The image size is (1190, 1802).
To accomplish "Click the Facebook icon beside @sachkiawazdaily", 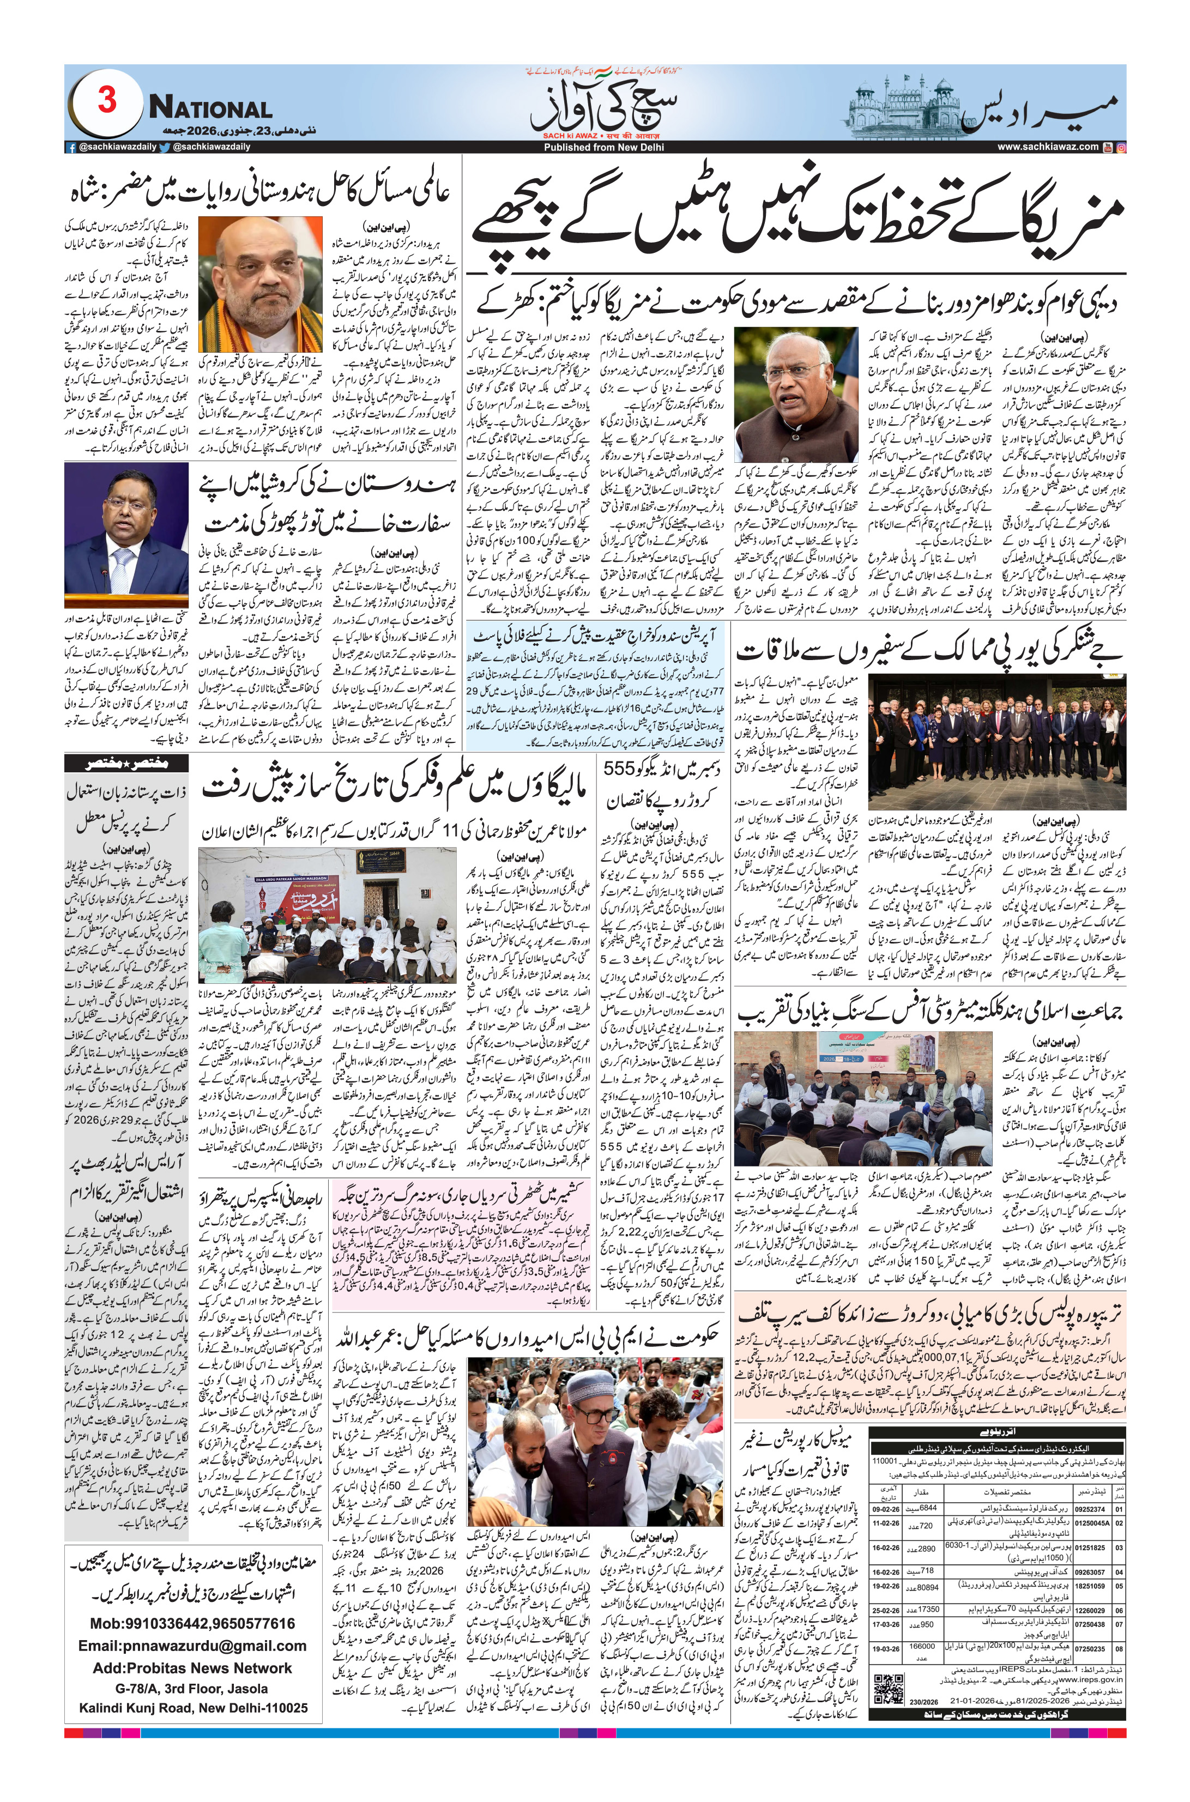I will (x=70, y=147).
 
